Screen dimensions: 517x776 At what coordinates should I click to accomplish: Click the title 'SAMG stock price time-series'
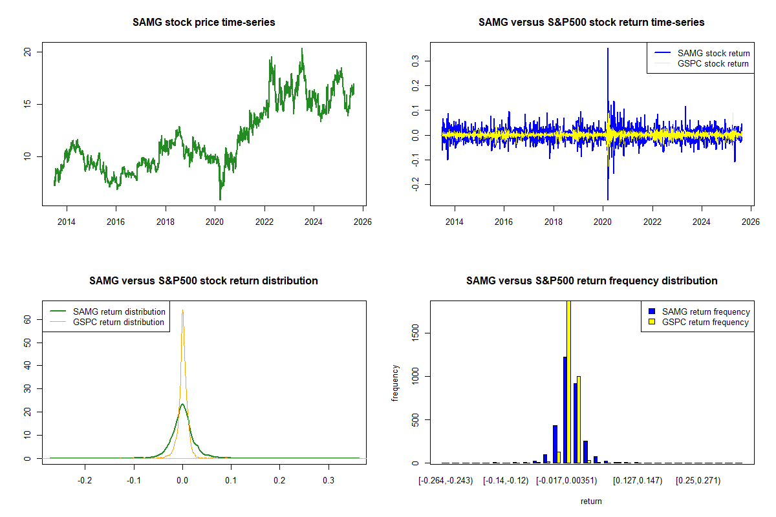204,23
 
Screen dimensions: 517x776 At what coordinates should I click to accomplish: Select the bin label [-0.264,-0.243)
446,481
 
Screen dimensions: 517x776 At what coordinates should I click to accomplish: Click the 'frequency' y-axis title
395,383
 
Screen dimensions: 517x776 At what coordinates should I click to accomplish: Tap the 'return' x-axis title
591,501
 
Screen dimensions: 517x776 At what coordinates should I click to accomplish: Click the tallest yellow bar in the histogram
568,381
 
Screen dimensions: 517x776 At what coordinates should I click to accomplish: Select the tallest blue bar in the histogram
565,410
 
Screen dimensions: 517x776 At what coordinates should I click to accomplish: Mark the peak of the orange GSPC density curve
183,311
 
